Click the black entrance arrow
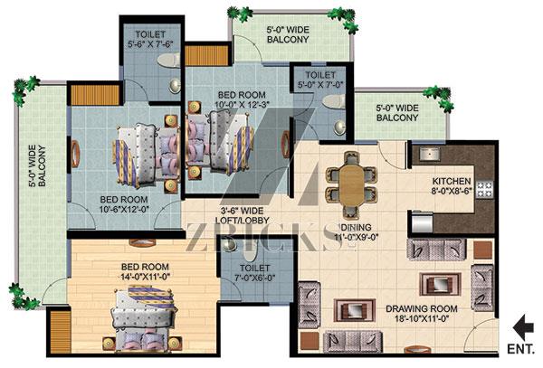[x=523, y=326]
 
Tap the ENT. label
[x=520, y=349]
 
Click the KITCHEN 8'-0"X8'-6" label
[x=452, y=185]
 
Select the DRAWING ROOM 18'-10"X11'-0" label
[x=422, y=314]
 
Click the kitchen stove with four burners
[x=485, y=189]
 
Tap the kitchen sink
[x=430, y=154]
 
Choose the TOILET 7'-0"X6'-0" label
[x=254, y=272]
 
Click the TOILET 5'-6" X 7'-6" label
[x=150, y=39]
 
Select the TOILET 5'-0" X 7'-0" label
[x=320, y=80]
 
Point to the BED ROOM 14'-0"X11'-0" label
[x=145, y=271]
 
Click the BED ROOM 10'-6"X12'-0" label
[x=124, y=204]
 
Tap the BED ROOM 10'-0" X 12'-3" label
[x=242, y=99]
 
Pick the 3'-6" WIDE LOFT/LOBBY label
[x=242, y=215]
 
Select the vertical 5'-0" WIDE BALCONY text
[x=37, y=166]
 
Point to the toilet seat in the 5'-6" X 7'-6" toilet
[x=169, y=61]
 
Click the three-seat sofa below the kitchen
[x=436, y=249]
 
